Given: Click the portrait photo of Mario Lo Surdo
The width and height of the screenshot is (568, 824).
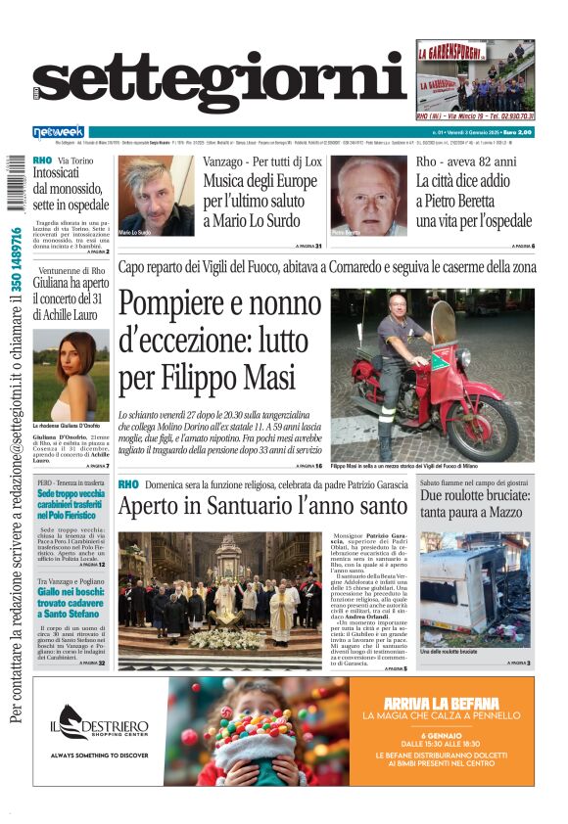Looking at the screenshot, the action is (x=156, y=197).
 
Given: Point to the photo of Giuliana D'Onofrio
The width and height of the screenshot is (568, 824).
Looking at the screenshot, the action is (x=71, y=376).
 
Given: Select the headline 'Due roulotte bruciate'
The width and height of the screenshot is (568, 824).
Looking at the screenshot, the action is (x=475, y=503).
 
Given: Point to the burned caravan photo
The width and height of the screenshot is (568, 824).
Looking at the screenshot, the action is (x=475, y=588).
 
